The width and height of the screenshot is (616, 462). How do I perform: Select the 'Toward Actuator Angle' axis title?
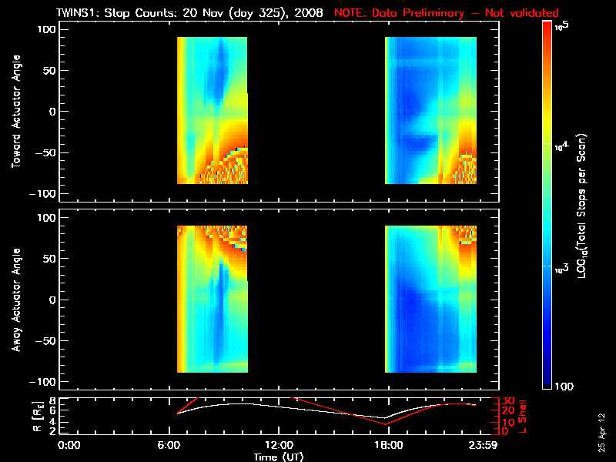[15, 112]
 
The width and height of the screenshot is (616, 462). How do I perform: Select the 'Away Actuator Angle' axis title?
[15, 300]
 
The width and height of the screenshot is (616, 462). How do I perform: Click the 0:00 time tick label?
[69, 444]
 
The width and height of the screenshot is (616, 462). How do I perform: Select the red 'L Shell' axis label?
[524, 416]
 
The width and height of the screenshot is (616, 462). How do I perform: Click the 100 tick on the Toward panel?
[48, 28]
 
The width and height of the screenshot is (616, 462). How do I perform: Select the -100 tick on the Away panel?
[45, 382]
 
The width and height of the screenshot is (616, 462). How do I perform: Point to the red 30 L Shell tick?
[507, 400]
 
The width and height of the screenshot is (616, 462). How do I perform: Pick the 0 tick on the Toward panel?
[53, 112]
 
